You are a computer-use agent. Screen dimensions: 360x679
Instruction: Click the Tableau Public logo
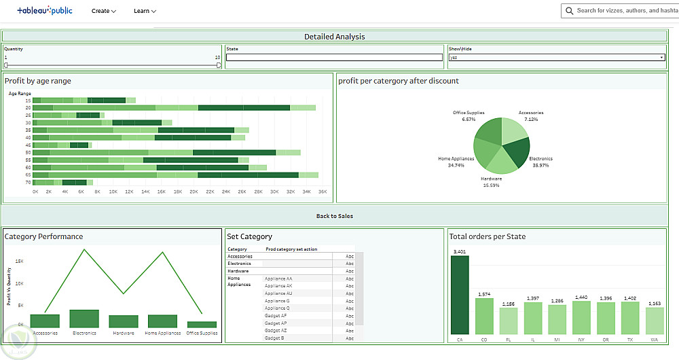pos(44,11)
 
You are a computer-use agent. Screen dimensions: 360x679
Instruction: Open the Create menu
pos(104,11)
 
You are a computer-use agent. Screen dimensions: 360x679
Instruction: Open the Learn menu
pos(145,11)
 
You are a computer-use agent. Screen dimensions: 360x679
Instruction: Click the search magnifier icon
pos(569,11)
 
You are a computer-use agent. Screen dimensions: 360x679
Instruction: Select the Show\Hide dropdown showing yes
pos(556,58)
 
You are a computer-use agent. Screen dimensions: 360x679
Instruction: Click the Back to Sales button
pos(334,216)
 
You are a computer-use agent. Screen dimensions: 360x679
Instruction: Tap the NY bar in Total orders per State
pos(581,317)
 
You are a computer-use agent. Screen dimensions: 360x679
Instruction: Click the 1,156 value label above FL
pos(509,304)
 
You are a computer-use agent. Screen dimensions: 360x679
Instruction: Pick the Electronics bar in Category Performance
pos(84,319)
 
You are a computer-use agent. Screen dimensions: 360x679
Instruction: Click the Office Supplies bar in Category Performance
pos(202,325)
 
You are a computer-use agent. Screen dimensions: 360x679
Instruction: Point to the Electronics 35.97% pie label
pos(541,162)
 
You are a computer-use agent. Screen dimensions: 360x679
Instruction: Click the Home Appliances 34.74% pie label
pos(456,162)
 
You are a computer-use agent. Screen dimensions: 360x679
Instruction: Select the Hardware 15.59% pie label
pos(491,182)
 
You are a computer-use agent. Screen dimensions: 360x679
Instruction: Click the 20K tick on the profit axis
pos(194,192)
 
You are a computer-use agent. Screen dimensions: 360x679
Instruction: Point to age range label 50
pos(29,152)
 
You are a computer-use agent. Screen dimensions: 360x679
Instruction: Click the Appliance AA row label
pos(278,278)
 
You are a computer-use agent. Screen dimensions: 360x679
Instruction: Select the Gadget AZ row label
pos(276,331)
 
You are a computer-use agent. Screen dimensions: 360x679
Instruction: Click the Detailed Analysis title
pos(334,37)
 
